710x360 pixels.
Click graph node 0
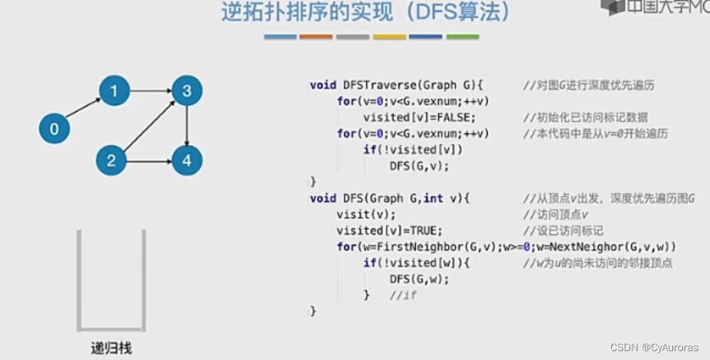click(x=55, y=129)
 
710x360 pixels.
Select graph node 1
click(x=115, y=91)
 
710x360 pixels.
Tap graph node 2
click(x=111, y=160)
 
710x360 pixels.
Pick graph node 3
click(x=187, y=91)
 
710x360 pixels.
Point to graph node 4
click(x=187, y=160)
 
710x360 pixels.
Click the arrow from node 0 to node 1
click(x=83, y=110)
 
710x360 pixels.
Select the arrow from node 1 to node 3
click(x=151, y=91)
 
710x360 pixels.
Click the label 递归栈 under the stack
click(x=111, y=348)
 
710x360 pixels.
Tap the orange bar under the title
click(x=315, y=37)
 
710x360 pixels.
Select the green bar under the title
click(x=462, y=37)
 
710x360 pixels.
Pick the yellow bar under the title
click(x=389, y=37)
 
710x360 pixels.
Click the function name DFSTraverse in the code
click(x=378, y=85)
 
